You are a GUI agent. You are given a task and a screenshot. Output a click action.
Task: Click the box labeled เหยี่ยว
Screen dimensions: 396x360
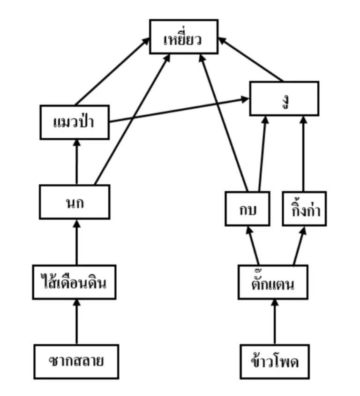tap(184, 37)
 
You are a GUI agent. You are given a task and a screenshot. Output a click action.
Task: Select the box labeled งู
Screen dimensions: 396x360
tap(284, 98)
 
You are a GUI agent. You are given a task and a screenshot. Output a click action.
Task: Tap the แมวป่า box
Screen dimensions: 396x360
tap(75, 122)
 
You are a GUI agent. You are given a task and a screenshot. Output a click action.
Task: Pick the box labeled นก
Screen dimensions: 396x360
tap(75, 202)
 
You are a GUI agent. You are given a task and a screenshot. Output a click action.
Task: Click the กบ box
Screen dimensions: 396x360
tap(247, 209)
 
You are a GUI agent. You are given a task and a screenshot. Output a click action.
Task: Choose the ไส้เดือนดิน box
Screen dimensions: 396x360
tap(75, 282)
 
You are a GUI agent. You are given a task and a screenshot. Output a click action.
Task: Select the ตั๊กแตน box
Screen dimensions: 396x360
tap(273, 282)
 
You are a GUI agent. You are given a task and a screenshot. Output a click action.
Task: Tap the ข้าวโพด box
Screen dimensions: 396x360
tap(275, 361)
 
